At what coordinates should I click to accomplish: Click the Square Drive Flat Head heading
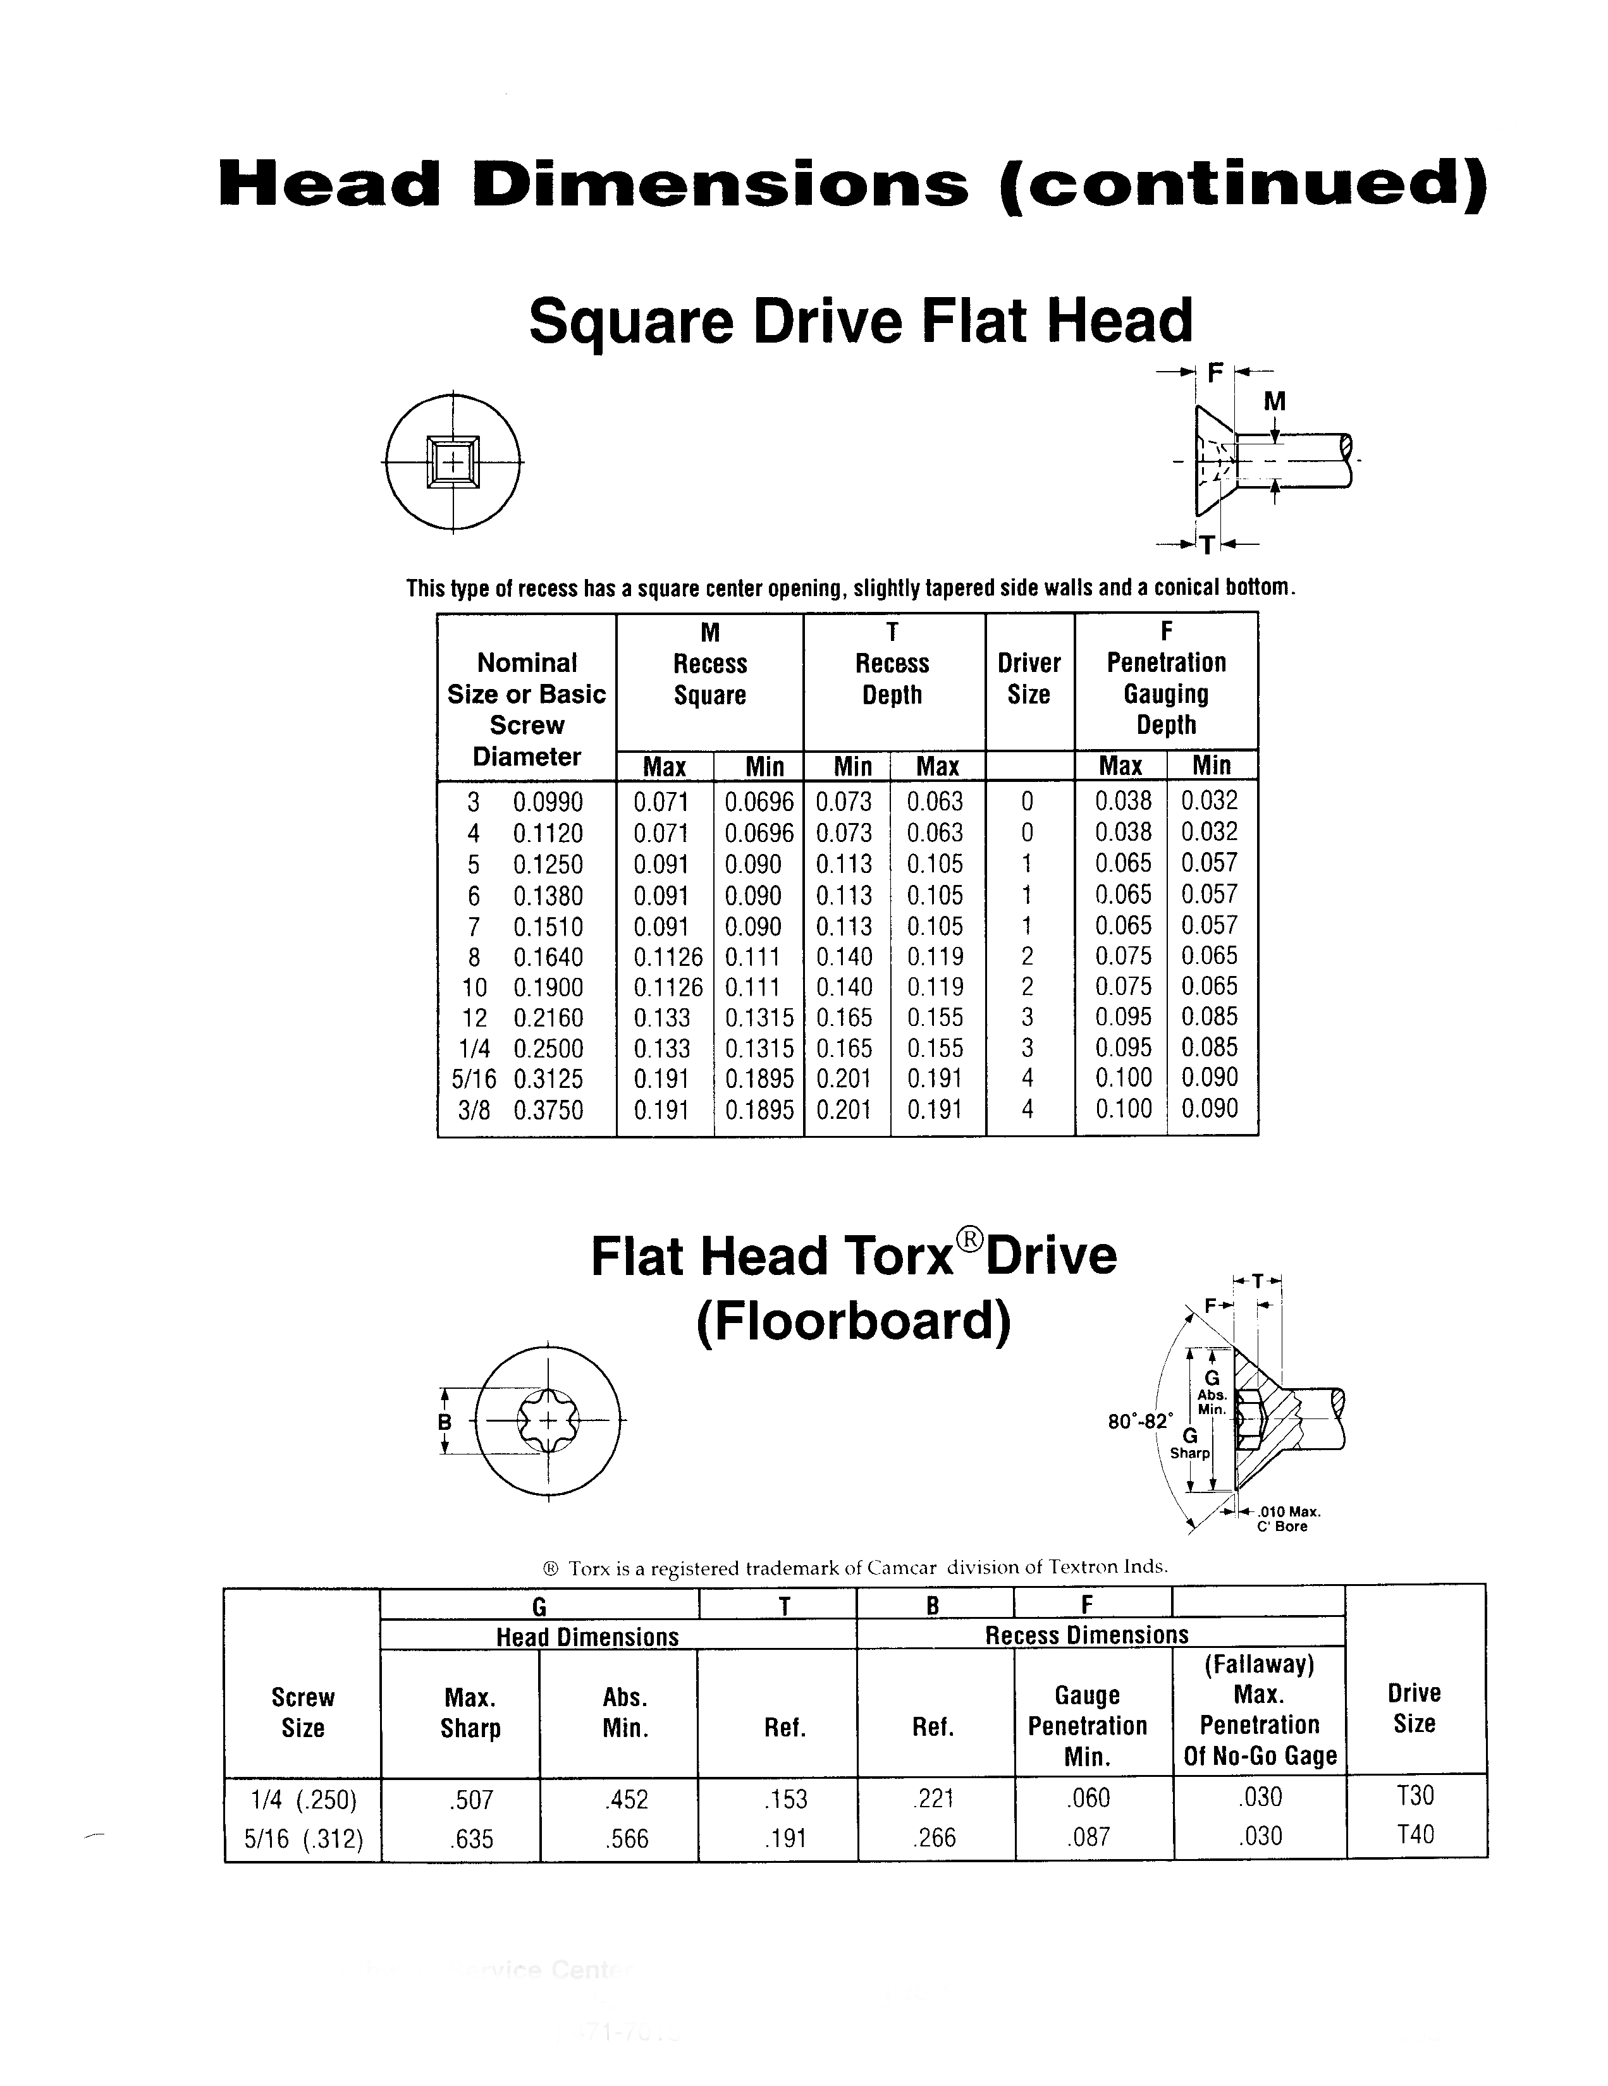pyautogui.click(x=860, y=321)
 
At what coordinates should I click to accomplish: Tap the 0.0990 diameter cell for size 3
pyautogui.click(x=548, y=802)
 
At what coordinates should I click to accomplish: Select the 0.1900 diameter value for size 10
pyautogui.click(x=548, y=987)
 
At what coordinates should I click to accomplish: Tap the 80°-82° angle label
pyautogui.click(x=1139, y=1421)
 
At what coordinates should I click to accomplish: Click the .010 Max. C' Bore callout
pyautogui.click(x=1289, y=1518)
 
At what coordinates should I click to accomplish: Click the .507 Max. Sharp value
pyautogui.click(x=470, y=1800)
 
